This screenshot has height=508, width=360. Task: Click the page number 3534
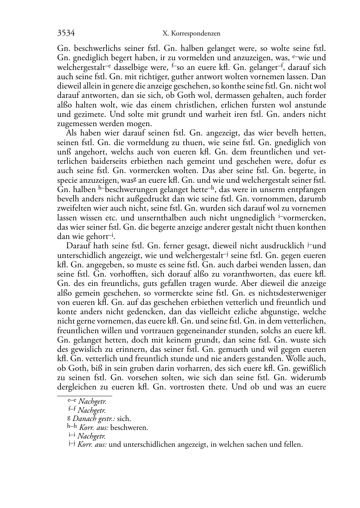[66, 33]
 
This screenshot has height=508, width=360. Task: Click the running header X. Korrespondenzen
[191, 34]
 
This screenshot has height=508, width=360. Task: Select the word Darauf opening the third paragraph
[78, 246]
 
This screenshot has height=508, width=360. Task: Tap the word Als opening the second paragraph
[72, 133]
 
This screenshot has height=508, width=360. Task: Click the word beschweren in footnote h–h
[129, 427]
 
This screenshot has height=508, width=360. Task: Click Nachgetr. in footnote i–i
[91, 436]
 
